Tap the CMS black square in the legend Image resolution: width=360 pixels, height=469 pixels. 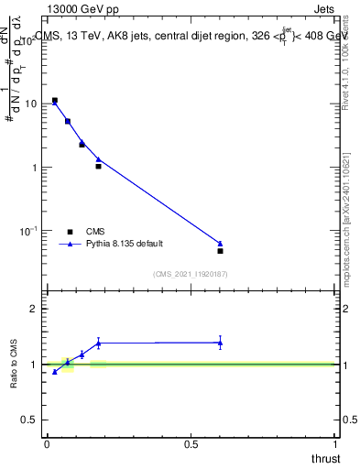[70, 232]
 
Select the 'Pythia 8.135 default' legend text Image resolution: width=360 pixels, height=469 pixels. [125, 245]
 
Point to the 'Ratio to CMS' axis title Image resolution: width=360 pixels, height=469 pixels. [16, 365]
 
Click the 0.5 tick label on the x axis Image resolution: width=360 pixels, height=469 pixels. [191, 443]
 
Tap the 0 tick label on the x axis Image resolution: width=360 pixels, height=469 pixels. [47, 443]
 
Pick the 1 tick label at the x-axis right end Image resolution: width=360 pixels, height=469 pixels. [336, 443]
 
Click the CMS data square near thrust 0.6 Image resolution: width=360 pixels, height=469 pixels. [220, 251]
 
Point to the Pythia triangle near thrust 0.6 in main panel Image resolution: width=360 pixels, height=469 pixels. [220, 244]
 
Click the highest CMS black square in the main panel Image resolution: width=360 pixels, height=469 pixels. [55, 101]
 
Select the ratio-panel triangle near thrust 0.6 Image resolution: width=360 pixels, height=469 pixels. [220, 343]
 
